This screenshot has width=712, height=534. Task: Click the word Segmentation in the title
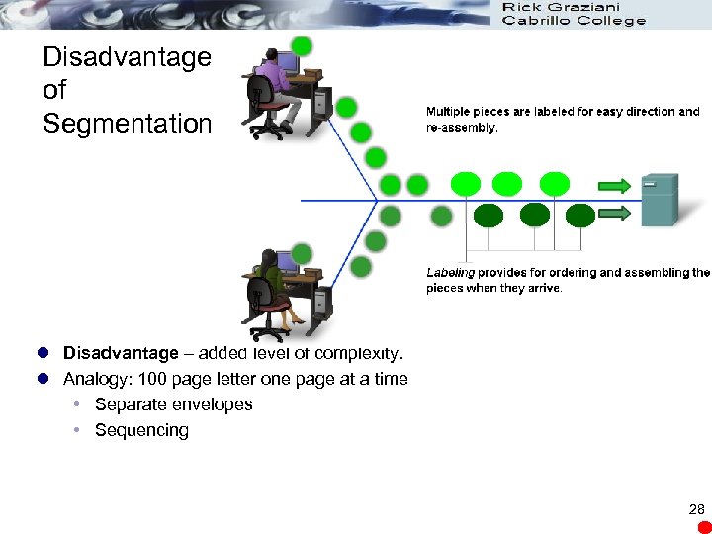(x=128, y=125)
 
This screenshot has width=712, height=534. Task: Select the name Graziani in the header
(x=583, y=7)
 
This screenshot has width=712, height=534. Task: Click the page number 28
(x=696, y=509)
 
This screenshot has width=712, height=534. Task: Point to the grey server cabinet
(x=660, y=200)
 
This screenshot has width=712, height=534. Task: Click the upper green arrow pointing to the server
(x=614, y=185)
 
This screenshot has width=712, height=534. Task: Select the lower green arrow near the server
(x=614, y=213)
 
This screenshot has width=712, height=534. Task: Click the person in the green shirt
(x=269, y=282)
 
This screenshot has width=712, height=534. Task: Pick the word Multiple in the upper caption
(x=451, y=112)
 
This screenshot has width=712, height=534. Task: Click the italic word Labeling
(x=450, y=273)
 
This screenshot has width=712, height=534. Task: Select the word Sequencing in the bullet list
(x=141, y=430)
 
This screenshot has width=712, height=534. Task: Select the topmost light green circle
(x=302, y=45)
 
